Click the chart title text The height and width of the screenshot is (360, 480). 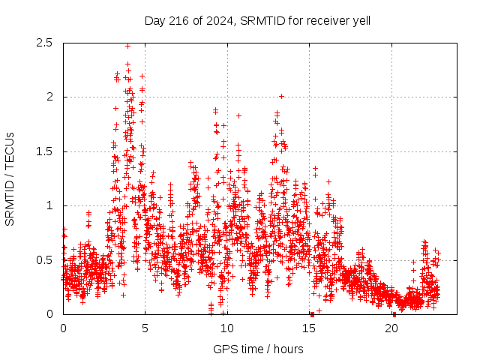tap(257, 20)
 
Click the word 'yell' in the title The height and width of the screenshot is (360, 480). tap(361, 20)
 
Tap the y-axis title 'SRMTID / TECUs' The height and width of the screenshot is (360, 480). tap(10, 178)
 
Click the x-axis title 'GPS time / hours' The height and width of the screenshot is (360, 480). tap(258, 349)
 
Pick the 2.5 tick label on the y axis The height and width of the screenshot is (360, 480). tap(45, 43)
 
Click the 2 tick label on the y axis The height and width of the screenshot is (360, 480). tap(49, 97)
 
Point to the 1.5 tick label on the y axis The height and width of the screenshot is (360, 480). tap(45, 151)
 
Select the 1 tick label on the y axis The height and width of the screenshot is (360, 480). tap(49, 205)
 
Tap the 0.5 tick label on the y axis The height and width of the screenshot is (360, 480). tap(45, 260)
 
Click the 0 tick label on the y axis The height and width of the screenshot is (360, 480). tap(49, 314)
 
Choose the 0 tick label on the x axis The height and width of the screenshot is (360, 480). tap(63, 328)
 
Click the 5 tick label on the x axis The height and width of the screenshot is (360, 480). tap(145, 328)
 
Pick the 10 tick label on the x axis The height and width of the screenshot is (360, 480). tap(227, 328)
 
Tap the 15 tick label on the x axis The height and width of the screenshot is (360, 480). tap(310, 328)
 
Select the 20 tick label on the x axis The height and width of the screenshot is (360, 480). tap(391, 328)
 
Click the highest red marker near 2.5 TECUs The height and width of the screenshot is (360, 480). tap(127, 46)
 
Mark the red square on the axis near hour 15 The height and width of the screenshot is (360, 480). tap(312, 314)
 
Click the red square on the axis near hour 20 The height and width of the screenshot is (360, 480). tap(394, 314)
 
